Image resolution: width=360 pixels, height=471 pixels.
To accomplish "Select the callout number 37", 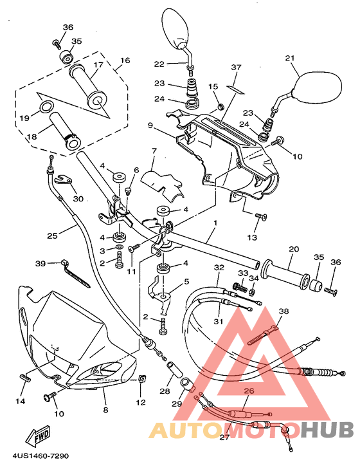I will coord(235,68).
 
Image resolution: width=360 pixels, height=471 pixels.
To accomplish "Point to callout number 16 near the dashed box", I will coord(124,60).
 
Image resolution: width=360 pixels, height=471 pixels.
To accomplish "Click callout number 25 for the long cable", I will coord(52,235).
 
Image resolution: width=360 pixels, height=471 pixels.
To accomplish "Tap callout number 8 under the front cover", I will coord(105,409).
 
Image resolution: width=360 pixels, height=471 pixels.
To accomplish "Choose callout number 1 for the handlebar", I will coord(215,223).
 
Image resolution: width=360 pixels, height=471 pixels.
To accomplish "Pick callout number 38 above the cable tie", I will coord(283,311).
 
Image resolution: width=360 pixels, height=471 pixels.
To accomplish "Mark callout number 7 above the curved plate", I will coord(154,151).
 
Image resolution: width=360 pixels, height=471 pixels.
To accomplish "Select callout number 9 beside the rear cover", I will coord(150,125).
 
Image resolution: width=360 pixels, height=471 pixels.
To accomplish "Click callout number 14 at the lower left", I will coord(20,401).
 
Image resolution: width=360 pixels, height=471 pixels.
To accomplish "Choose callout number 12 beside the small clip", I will coord(140,403).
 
